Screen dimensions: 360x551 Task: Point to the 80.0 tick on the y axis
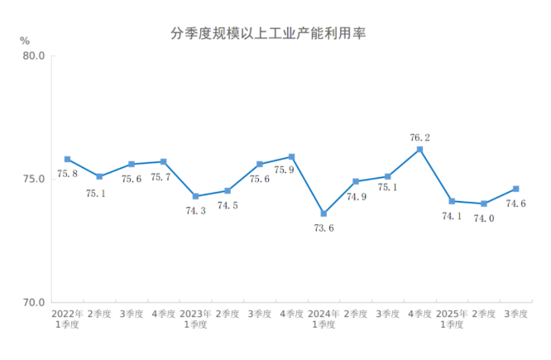pos(34,56)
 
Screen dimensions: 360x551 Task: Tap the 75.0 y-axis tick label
pos(34,180)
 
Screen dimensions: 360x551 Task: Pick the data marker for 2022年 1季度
pos(67,159)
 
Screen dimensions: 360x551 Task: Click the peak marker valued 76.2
pos(419,150)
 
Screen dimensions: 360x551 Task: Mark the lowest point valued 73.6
pos(323,214)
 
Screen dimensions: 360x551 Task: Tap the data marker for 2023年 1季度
pos(195,196)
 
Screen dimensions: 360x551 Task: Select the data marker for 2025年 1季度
pos(452,201)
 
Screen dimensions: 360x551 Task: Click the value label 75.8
pos(67,174)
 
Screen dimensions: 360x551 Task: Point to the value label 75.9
pos(292,170)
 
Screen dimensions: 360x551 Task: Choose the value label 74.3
pos(196,211)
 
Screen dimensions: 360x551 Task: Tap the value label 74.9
pos(356,196)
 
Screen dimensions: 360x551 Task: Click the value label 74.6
pos(515,204)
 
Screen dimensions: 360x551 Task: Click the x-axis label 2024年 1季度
pos(323,319)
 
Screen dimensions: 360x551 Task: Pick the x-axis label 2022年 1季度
pos(67,319)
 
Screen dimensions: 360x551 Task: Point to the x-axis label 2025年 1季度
pos(452,319)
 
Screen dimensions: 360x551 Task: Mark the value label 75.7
pos(164,176)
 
